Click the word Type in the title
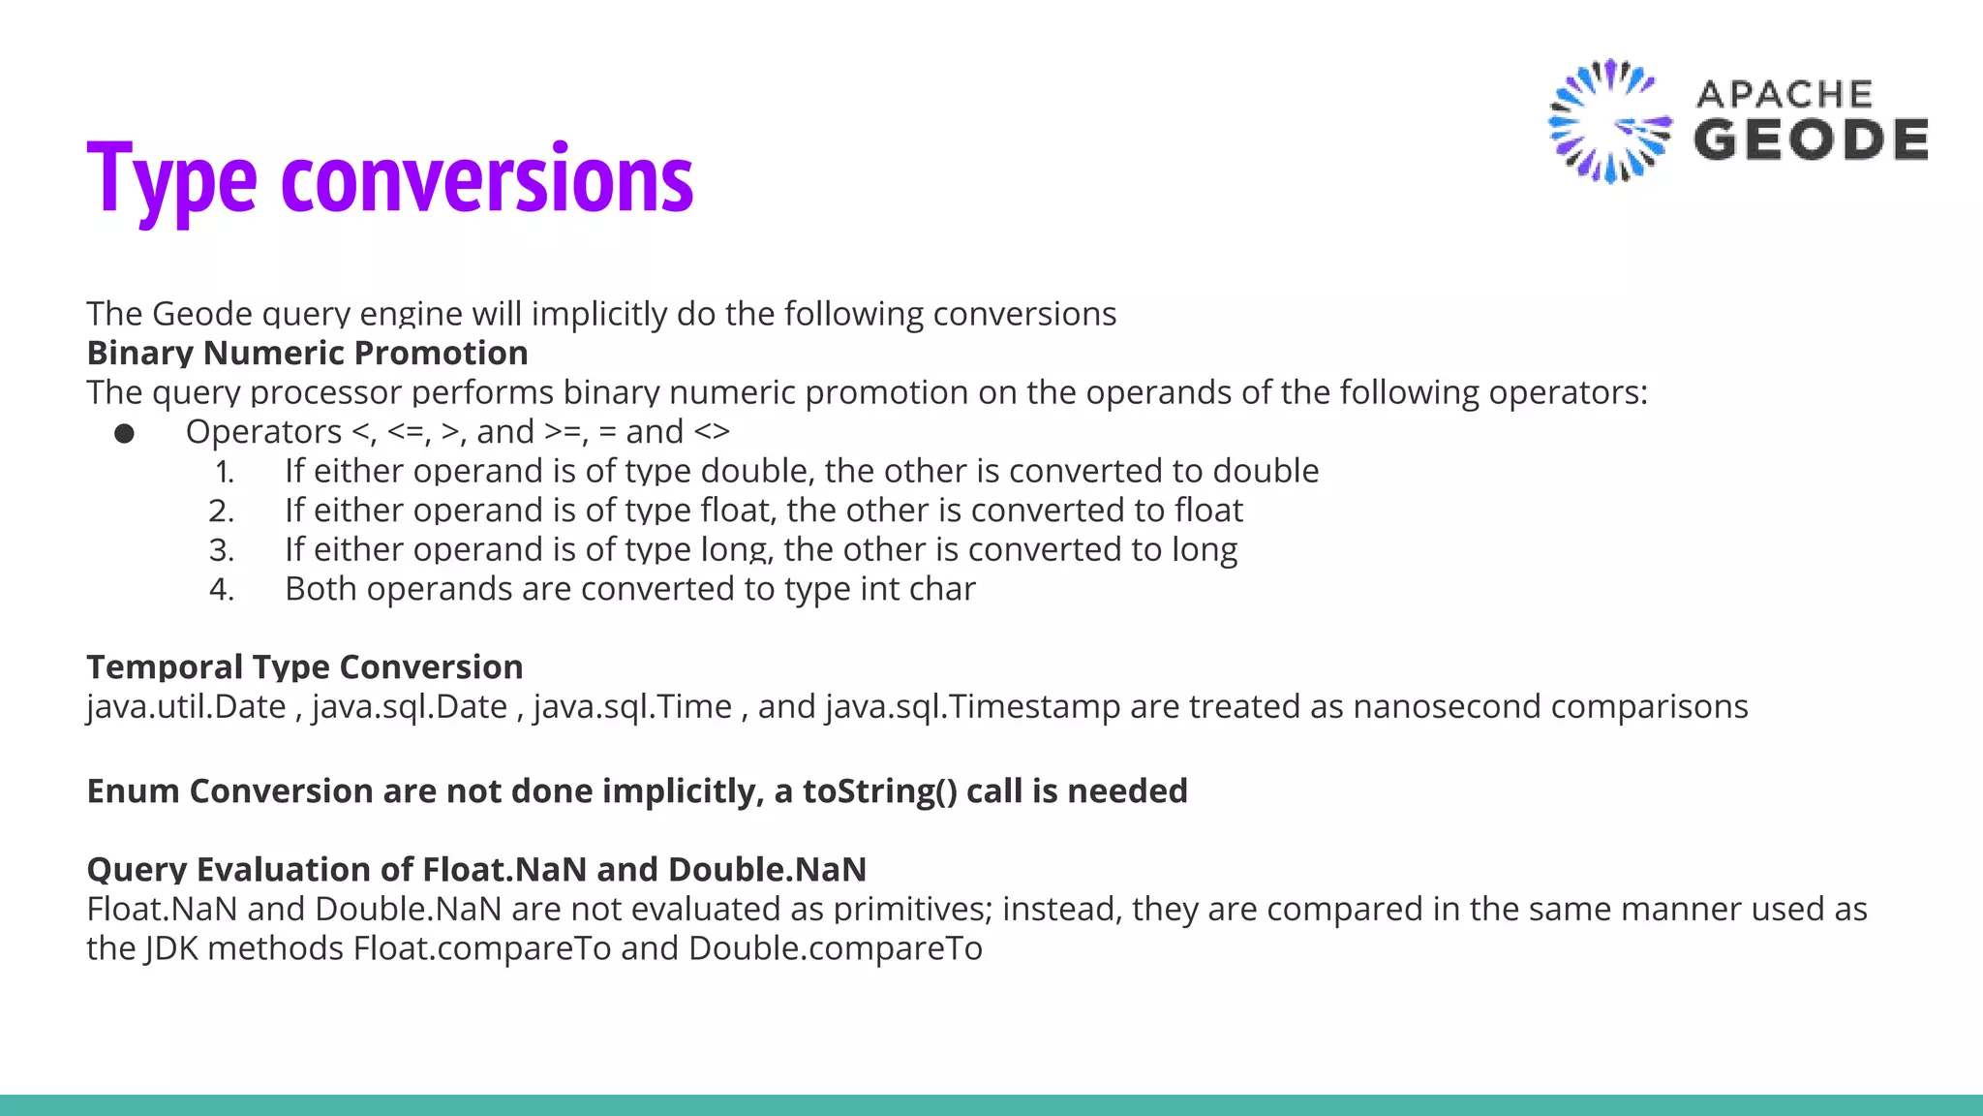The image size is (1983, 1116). (171, 180)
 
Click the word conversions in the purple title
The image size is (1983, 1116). (487, 180)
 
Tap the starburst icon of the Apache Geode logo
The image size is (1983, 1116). (1608, 122)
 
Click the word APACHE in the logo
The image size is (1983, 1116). (1784, 95)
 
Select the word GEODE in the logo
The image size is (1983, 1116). (1811, 140)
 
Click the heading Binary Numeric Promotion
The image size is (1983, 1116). (307, 353)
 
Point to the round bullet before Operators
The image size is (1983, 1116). (124, 433)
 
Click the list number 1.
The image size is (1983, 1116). (224, 472)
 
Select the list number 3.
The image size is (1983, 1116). (222, 550)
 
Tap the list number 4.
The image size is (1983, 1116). (222, 589)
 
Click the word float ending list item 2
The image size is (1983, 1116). (1208, 511)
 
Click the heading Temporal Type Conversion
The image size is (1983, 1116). (305, 667)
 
